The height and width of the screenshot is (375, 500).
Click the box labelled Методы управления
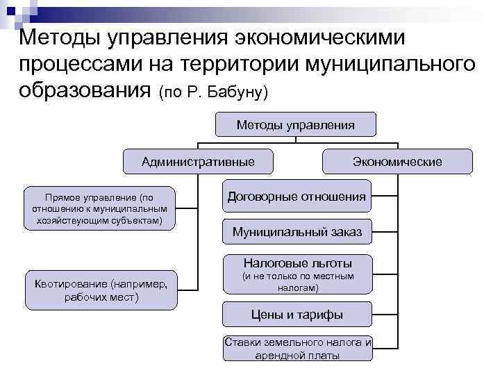[295, 124]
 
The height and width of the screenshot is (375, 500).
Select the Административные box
[198, 162]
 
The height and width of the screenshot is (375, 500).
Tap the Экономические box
[397, 162]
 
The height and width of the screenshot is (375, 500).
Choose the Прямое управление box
[100, 209]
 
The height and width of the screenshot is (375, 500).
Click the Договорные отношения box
[297, 197]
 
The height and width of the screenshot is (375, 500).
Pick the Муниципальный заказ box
[297, 232]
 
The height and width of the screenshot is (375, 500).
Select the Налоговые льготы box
[297, 274]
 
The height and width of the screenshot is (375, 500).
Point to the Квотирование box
[100, 290]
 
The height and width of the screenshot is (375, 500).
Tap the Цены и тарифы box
[297, 315]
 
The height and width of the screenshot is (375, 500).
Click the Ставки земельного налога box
[298, 349]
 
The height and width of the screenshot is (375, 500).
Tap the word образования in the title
[83, 90]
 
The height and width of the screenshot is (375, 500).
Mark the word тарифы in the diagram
[320, 315]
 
